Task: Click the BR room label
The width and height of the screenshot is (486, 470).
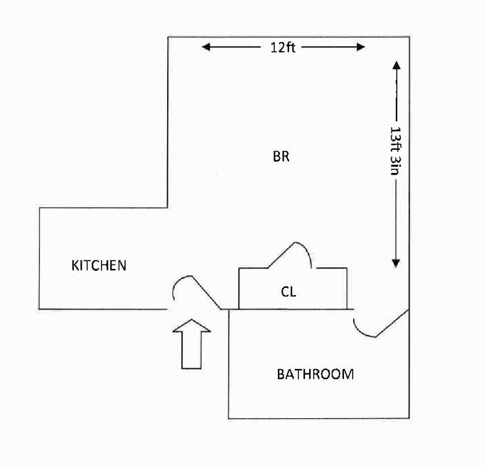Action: pos(281,157)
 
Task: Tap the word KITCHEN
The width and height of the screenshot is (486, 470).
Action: pos(98,265)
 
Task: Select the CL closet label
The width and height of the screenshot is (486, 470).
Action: pos(288,292)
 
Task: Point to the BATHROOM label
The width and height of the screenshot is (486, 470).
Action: pos(316,374)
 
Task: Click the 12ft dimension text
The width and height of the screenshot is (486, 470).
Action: pos(283,47)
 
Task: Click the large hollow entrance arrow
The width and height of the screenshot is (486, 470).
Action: pos(192,343)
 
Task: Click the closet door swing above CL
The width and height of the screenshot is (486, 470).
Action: pos(295,253)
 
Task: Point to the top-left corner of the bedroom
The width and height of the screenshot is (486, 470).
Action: pos(168,37)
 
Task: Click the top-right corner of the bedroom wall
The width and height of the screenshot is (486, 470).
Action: pos(410,37)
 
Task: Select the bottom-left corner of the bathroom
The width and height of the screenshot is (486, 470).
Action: pos(229,418)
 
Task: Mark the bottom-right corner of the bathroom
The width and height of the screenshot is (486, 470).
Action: pos(410,417)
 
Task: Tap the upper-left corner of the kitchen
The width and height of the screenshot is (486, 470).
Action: pos(40,207)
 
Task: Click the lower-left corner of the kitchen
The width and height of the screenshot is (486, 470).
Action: pos(40,308)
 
